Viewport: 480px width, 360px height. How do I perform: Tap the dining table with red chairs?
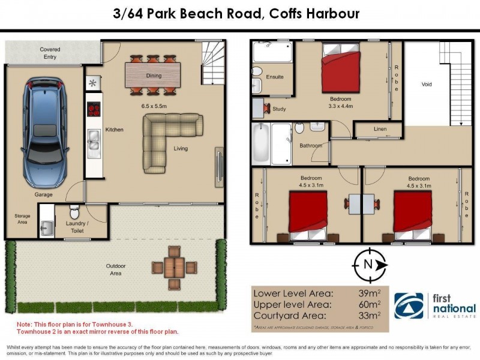(154, 76)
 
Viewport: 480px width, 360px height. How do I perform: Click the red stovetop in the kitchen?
(94, 109)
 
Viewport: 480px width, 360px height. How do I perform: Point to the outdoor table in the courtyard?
(175, 267)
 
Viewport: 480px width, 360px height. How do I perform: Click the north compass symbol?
(367, 265)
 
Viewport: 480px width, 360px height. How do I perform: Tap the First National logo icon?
(407, 306)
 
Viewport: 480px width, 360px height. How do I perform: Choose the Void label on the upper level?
(427, 85)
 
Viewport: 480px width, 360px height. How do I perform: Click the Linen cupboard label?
(379, 129)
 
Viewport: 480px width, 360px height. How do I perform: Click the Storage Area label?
(22, 218)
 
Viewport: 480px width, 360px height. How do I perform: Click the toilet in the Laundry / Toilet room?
(74, 212)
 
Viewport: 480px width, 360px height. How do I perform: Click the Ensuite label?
(275, 77)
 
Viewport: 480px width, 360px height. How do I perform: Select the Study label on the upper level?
(279, 109)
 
